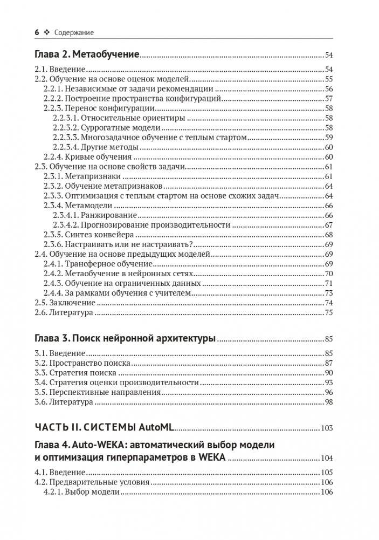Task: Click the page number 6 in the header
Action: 37,32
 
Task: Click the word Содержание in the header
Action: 74,32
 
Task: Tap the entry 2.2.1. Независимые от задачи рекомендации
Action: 128,88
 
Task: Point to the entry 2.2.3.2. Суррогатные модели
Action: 107,127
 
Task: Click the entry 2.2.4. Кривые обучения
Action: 87,157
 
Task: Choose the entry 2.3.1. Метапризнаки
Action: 81,176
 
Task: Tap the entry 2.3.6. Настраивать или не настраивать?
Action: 106,244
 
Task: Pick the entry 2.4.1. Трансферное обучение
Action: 98,264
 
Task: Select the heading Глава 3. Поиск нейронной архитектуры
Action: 125,339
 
